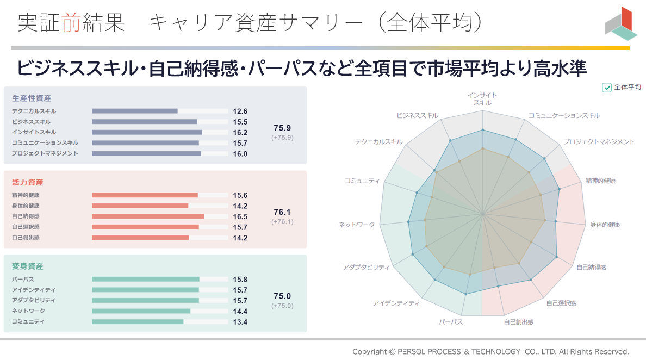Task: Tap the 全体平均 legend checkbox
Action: coord(607,88)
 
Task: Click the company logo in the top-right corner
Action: coord(620,24)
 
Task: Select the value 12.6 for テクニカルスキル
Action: coord(240,111)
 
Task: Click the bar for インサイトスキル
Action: coord(147,132)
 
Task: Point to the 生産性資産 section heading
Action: coord(32,98)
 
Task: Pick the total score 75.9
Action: coord(282,128)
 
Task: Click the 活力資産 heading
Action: coord(27,183)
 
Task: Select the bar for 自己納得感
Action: coord(148,216)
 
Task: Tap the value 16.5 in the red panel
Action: coord(240,216)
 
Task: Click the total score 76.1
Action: coord(282,212)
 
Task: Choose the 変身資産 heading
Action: coord(27,266)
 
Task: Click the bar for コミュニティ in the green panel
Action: coord(138,321)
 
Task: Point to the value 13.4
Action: coord(240,322)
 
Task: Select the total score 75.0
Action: coord(282,296)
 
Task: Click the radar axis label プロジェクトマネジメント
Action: coord(598,142)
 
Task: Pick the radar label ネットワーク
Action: coord(357,225)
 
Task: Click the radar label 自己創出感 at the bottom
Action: coord(518,322)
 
